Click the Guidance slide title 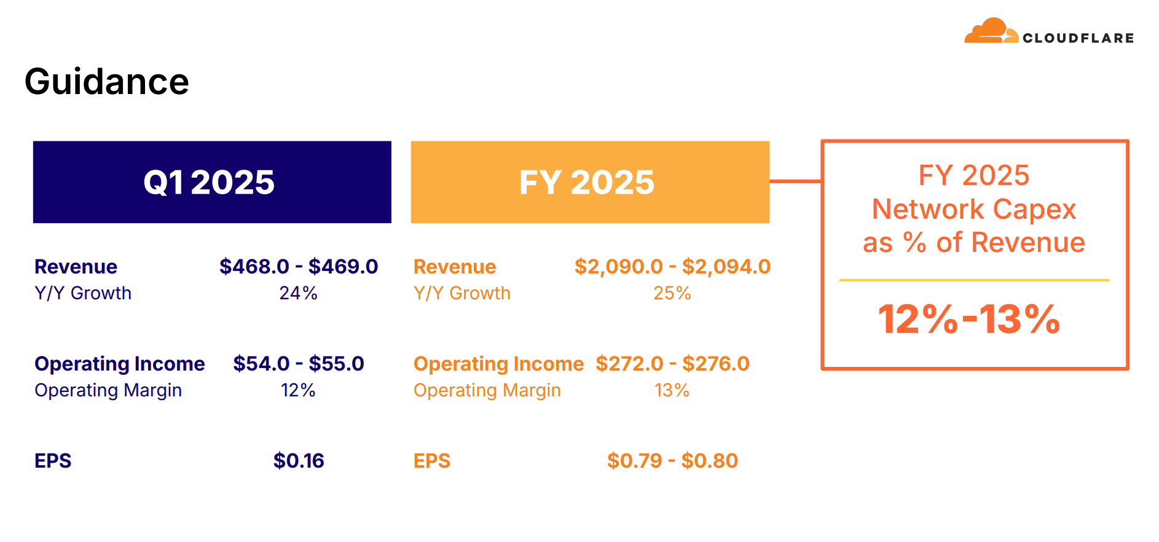pyautogui.click(x=107, y=82)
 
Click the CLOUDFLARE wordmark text pyautogui.click(x=1078, y=38)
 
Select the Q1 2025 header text pyautogui.click(x=209, y=182)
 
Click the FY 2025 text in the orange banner pyautogui.click(x=587, y=182)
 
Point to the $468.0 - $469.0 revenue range pyautogui.click(x=299, y=267)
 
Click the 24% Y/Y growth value pyautogui.click(x=299, y=293)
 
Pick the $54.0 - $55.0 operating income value pyautogui.click(x=299, y=364)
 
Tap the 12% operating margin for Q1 pyautogui.click(x=298, y=390)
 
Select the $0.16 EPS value pyautogui.click(x=299, y=461)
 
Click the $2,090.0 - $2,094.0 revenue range pyautogui.click(x=672, y=267)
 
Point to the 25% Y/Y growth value pyautogui.click(x=672, y=293)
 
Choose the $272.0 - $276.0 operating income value pyautogui.click(x=672, y=364)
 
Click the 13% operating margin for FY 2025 pyautogui.click(x=672, y=390)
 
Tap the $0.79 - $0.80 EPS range pyautogui.click(x=672, y=461)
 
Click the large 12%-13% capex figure pyautogui.click(x=969, y=320)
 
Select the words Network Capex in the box pyautogui.click(x=974, y=210)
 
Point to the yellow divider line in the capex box pyautogui.click(x=974, y=280)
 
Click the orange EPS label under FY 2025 pyautogui.click(x=432, y=461)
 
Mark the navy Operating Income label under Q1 pyautogui.click(x=120, y=364)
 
